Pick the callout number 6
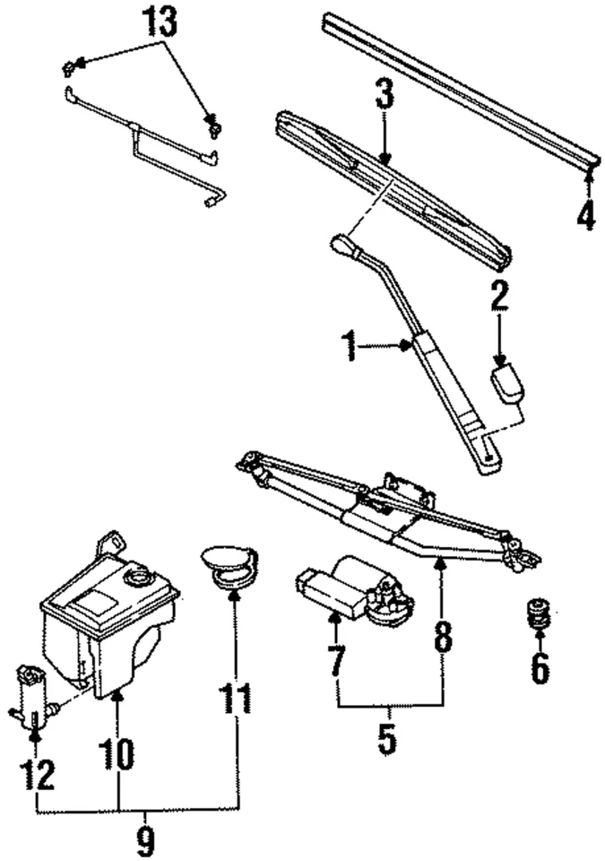coord(539,668)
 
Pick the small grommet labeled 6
coord(537,615)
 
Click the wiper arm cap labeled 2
coord(506,382)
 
